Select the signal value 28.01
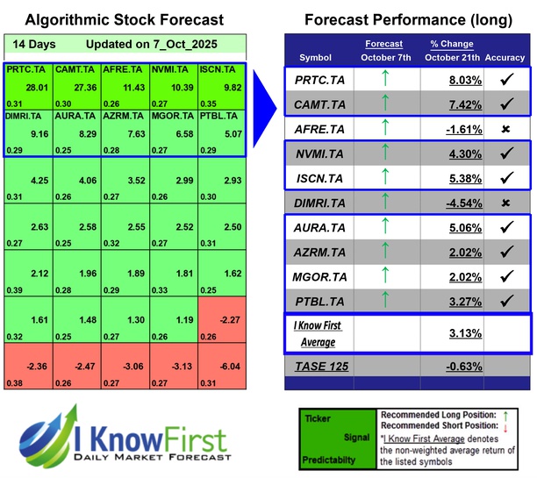tap(36, 87)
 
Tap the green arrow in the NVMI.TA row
tap(383, 153)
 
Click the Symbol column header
tap(316, 58)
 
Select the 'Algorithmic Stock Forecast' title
tap(124, 19)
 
